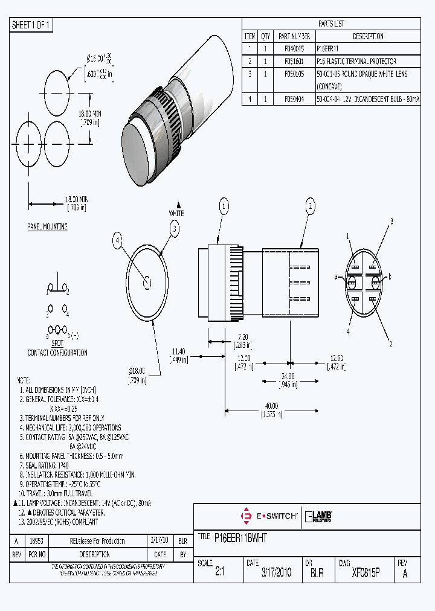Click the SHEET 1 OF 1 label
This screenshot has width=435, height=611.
[31, 25]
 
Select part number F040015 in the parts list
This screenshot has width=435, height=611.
[294, 48]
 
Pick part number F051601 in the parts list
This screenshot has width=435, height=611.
[294, 62]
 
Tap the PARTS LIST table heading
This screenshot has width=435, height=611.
[330, 24]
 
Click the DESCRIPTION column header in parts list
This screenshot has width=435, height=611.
[367, 36]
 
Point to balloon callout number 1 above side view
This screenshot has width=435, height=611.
[224, 207]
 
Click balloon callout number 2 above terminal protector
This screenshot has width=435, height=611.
[311, 207]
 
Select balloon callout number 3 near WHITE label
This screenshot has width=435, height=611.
[175, 228]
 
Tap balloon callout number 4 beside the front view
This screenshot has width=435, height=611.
[118, 240]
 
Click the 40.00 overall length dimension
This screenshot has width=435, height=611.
[271, 406]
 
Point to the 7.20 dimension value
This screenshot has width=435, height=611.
[243, 336]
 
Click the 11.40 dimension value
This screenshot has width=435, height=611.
[178, 351]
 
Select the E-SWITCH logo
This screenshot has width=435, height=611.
[269, 516]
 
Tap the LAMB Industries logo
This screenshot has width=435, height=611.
[319, 516]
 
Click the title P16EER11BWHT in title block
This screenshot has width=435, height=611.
[240, 537]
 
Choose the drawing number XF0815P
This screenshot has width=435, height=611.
[365, 572]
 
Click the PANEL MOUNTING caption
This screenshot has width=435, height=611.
[47, 226]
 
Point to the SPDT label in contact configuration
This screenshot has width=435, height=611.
[57, 342]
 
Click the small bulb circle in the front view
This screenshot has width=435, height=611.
[147, 282]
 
